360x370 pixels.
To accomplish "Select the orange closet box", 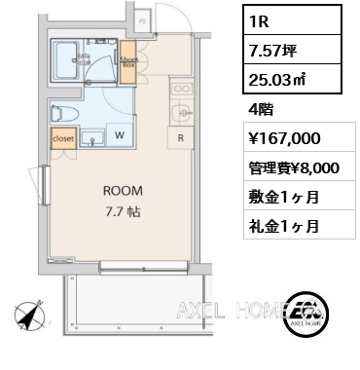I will (63, 140).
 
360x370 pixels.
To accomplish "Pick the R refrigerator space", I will (181, 137).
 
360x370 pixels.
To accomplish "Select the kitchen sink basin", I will (181, 114).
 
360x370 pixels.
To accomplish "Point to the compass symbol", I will (29, 317).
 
